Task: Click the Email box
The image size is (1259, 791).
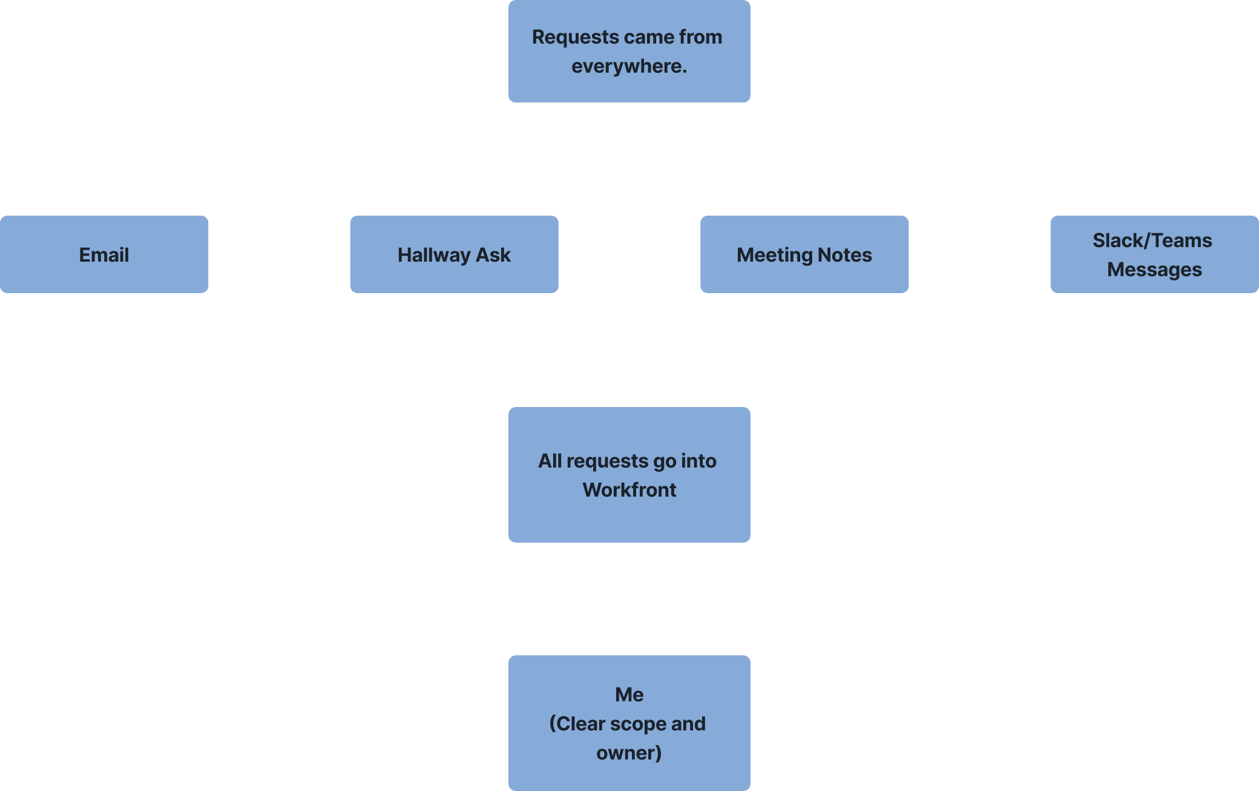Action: [x=104, y=254]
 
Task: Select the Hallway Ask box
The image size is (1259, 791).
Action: [x=454, y=254]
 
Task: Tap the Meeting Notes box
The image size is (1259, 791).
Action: [x=804, y=254]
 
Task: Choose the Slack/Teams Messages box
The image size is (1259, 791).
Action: [x=1154, y=254]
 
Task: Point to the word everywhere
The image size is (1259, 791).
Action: [x=629, y=66]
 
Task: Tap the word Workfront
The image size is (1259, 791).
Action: [x=629, y=489]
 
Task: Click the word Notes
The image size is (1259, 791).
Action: [x=845, y=255]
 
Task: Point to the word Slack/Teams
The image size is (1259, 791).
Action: [x=1152, y=240]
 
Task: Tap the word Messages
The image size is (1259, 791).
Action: [x=1154, y=270]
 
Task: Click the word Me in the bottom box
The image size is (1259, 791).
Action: [x=629, y=694]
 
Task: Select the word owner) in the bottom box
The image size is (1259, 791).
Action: [x=629, y=753]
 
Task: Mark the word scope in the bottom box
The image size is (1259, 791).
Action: [x=636, y=724]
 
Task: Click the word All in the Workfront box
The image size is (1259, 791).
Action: [x=550, y=461]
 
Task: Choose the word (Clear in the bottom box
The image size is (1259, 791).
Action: [x=576, y=724]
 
